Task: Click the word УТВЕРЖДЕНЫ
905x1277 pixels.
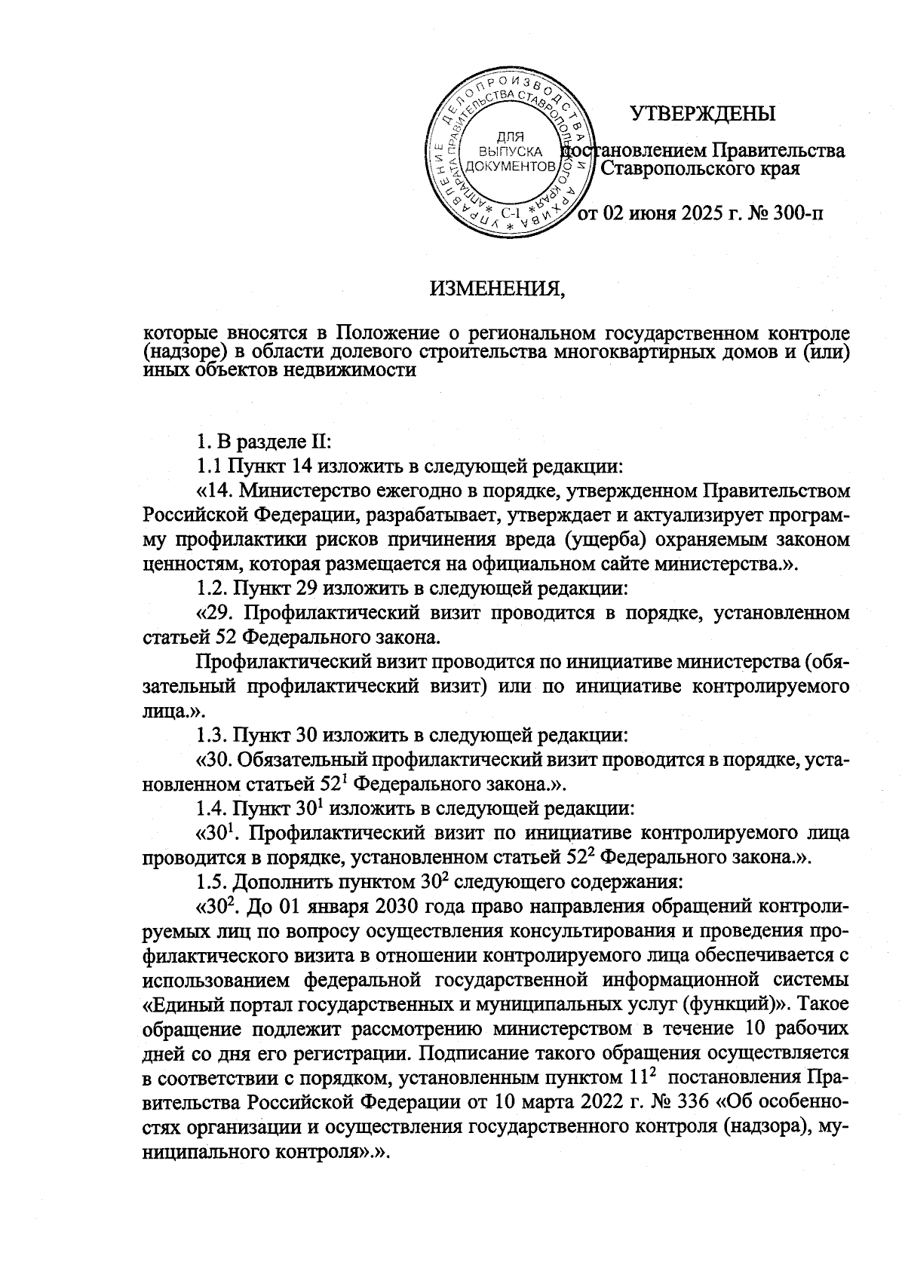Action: [703, 114]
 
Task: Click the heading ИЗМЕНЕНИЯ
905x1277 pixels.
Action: [498, 287]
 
